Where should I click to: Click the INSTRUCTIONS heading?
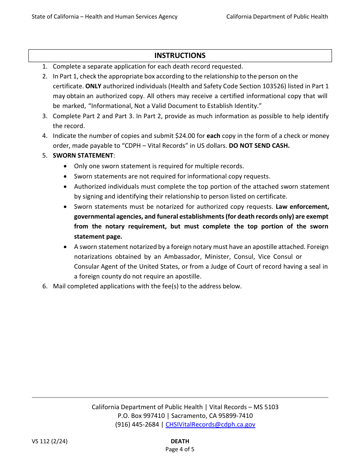click(x=180, y=56)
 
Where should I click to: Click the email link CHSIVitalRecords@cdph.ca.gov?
click(x=210, y=424)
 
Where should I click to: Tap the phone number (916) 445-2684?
click(x=137, y=424)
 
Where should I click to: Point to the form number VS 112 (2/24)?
click(x=50, y=441)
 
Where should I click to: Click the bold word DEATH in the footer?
click(x=180, y=441)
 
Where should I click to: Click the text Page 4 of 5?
click(x=180, y=449)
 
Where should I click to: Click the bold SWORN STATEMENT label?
click(x=83, y=156)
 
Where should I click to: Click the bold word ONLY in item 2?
click(x=93, y=86)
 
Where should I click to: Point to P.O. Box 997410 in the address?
click(x=141, y=416)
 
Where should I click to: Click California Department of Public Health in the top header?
click(x=277, y=17)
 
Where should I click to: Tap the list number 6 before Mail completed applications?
click(x=45, y=286)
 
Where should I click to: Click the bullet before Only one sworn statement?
click(x=66, y=166)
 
